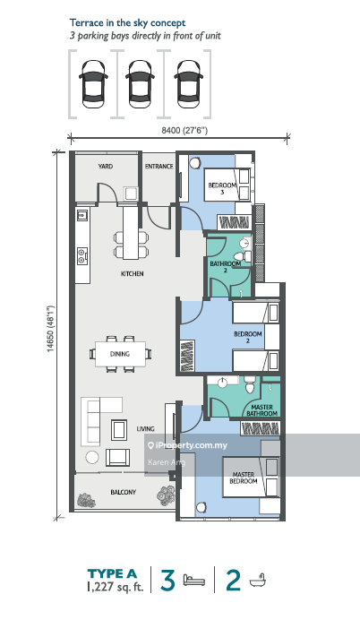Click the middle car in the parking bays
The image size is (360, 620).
click(141, 84)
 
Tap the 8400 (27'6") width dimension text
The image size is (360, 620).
click(184, 130)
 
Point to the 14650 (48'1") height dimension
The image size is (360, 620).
click(50, 329)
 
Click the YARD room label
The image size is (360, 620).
click(106, 167)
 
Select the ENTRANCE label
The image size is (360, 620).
click(159, 167)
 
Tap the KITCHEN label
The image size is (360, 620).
click(132, 273)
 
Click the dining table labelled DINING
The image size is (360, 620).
click(120, 354)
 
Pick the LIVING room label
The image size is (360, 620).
click(145, 428)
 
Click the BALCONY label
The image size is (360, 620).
click(124, 492)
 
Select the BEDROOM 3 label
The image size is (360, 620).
click(222, 188)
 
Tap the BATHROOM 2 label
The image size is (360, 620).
click(226, 267)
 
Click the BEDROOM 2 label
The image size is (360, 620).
click(248, 337)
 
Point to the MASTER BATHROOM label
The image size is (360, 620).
click(262, 410)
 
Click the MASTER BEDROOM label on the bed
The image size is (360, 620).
click(244, 478)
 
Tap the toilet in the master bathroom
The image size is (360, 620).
click(250, 384)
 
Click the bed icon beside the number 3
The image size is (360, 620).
click(194, 581)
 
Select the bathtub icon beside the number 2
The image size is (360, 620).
click(257, 581)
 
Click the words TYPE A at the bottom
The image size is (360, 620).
click(112, 573)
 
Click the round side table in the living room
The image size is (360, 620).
click(92, 458)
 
